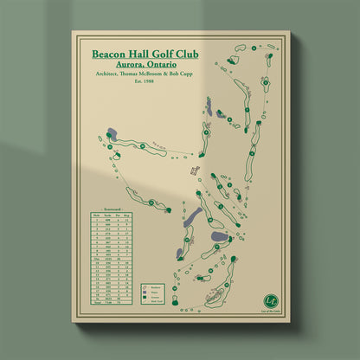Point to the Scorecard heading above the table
[x=114, y=209]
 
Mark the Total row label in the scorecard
[x=98, y=303]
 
